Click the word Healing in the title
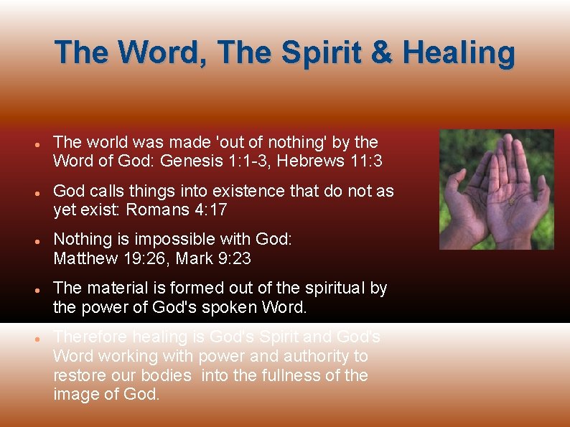459,53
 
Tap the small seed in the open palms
512,201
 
